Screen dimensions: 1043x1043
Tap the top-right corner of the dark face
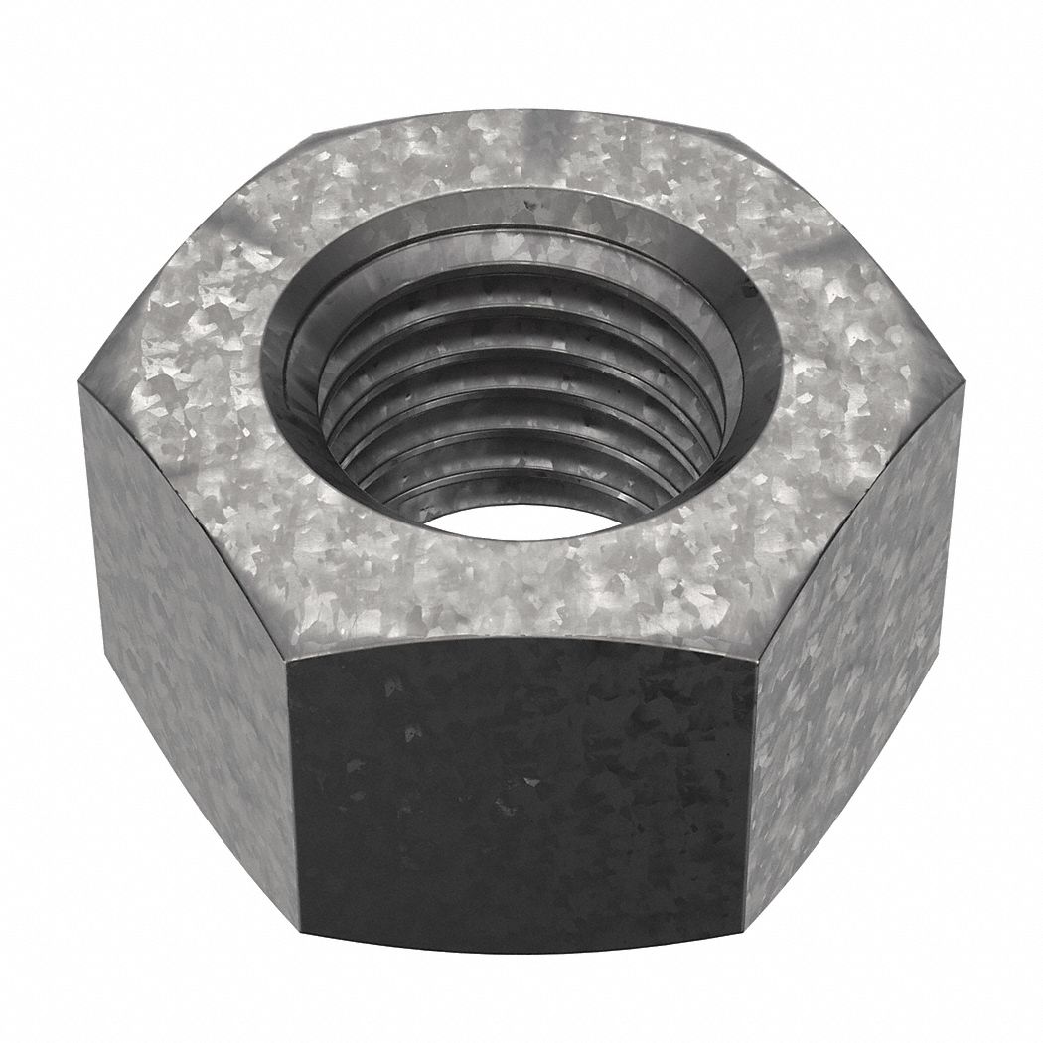[757, 656]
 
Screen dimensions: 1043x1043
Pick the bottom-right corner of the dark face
[745, 929]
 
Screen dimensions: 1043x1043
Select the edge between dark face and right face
[751, 795]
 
